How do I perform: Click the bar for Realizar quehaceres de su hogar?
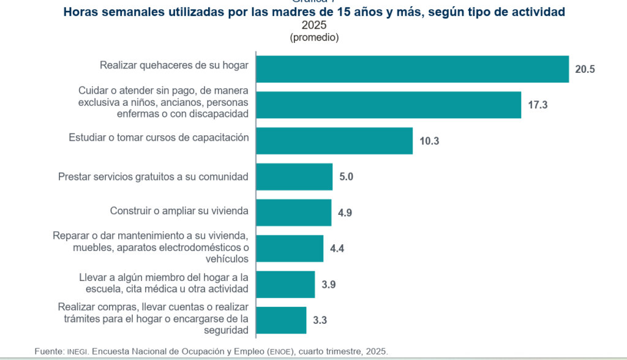click(x=412, y=69)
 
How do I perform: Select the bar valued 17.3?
click(x=389, y=105)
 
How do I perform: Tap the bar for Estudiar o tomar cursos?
click(x=334, y=141)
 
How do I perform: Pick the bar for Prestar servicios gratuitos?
click(x=295, y=177)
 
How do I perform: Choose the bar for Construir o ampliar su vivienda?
click(x=294, y=212)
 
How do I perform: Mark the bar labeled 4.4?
click(x=290, y=249)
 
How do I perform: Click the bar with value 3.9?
click(x=285, y=285)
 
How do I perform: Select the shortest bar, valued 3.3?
click(x=281, y=320)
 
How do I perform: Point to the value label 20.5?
click(x=585, y=69)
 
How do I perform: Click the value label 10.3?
click(x=429, y=141)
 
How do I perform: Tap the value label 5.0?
click(x=347, y=177)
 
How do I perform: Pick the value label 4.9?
click(x=345, y=212)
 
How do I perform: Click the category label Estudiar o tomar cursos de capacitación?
click(x=159, y=138)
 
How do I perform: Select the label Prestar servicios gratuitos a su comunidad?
click(x=153, y=177)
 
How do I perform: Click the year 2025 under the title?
click(x=314, y=25)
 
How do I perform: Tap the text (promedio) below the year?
click(x=314, y=37)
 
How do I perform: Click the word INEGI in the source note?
click(x=77, y=352)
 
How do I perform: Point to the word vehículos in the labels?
click(x=227, y=259)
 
